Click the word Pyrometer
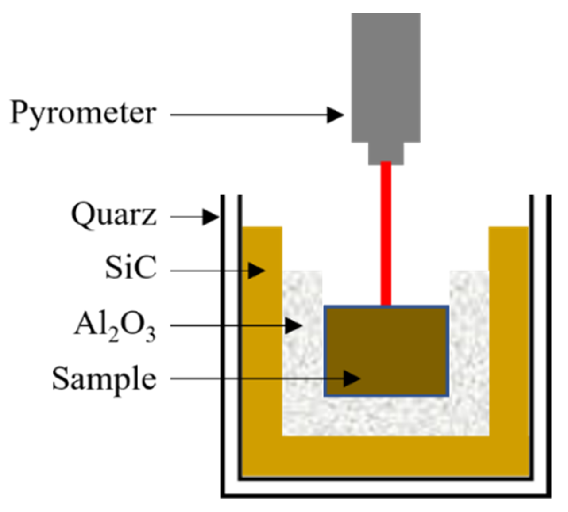83,114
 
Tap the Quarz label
114,215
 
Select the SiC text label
131,268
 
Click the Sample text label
104,379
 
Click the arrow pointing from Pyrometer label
257,115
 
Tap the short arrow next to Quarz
195,217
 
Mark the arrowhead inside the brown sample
352,378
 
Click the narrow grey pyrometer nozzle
386,153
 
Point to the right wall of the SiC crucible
509,336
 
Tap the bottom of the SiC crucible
386,455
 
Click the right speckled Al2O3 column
469,345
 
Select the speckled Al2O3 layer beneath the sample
386,416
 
